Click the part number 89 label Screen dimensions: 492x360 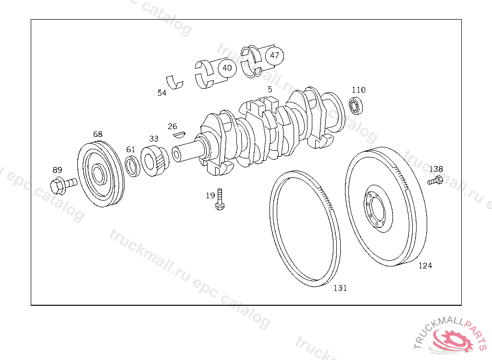57,169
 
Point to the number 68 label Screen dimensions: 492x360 98,134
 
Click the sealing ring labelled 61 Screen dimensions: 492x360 133,166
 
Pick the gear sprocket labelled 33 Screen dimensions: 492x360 154,161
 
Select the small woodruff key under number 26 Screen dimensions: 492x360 179,135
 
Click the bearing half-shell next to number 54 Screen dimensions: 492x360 174,82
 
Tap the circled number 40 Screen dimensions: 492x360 227,68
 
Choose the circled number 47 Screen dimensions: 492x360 274,56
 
